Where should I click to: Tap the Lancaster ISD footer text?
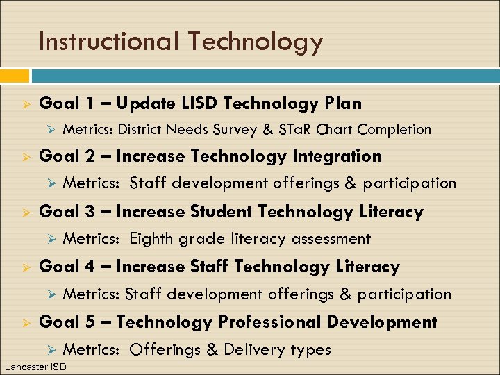[x=35, y=367]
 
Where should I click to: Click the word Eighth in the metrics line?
[x=152, y=239]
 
